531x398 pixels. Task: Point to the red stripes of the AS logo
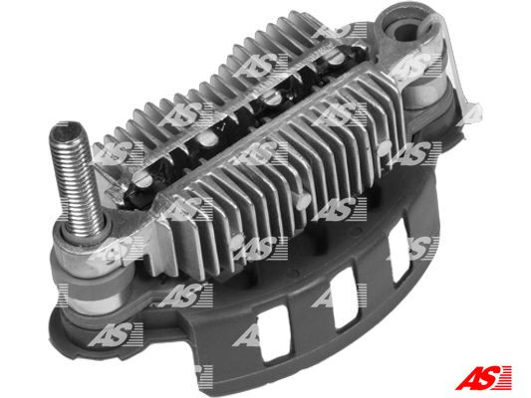(510, 376)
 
